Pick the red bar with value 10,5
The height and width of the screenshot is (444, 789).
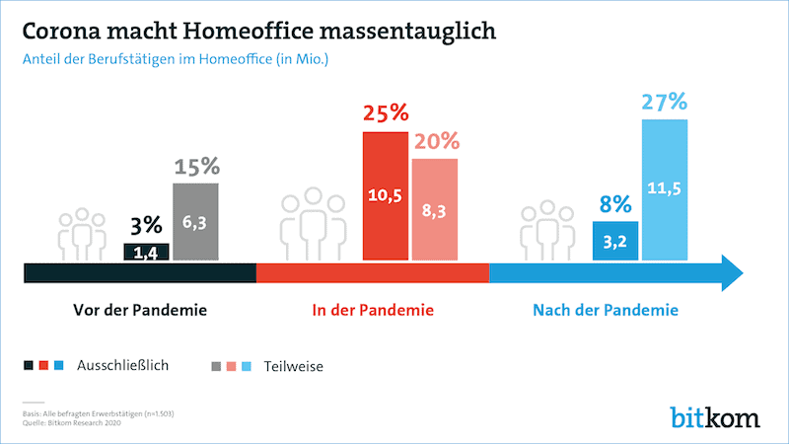[385, 195]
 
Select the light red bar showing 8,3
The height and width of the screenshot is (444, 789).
[434, 209]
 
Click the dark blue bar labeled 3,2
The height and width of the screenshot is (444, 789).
[616, 240]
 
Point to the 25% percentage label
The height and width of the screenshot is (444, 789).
[385, 114]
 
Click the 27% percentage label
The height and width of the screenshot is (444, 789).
[665, 103]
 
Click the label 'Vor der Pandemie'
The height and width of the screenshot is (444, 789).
[140, 311]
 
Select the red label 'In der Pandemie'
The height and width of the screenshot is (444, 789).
[373, 311]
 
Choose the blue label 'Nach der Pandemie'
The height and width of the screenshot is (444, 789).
[605, 311]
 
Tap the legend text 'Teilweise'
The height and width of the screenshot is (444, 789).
[294, 366]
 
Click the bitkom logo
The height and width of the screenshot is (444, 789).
[714, 415]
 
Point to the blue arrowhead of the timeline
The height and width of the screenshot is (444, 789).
[734, 272]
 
